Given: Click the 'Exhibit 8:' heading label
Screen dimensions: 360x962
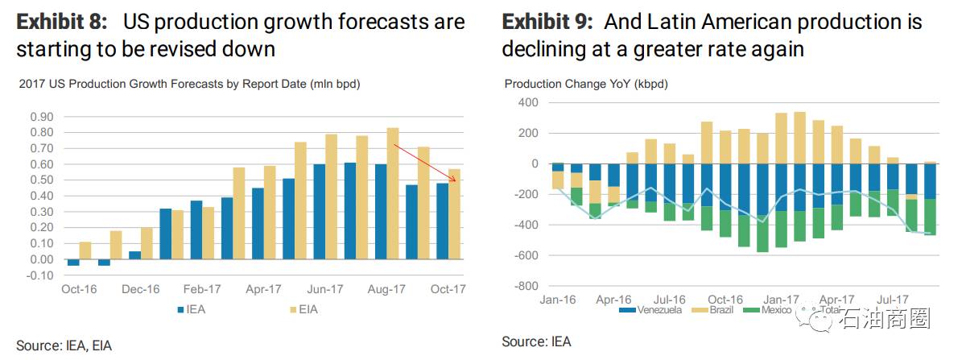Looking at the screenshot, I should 62,22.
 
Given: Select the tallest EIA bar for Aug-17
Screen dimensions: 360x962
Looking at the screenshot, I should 393,193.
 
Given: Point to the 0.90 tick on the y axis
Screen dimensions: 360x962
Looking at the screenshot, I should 42,117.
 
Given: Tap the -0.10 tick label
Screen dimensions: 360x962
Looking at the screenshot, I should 40,275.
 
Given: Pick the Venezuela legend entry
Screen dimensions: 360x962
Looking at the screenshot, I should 653,309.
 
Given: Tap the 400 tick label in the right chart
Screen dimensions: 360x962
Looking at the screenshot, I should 527,102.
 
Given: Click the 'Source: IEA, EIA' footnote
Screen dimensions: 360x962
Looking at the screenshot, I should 64,346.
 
